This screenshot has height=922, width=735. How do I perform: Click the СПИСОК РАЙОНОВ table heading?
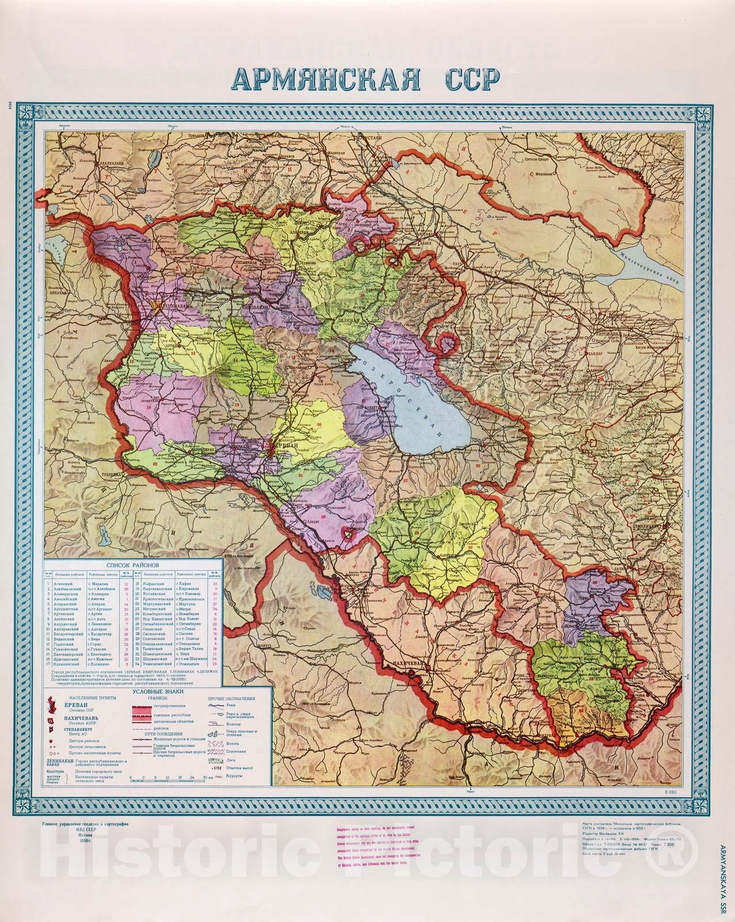click(132, 566)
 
